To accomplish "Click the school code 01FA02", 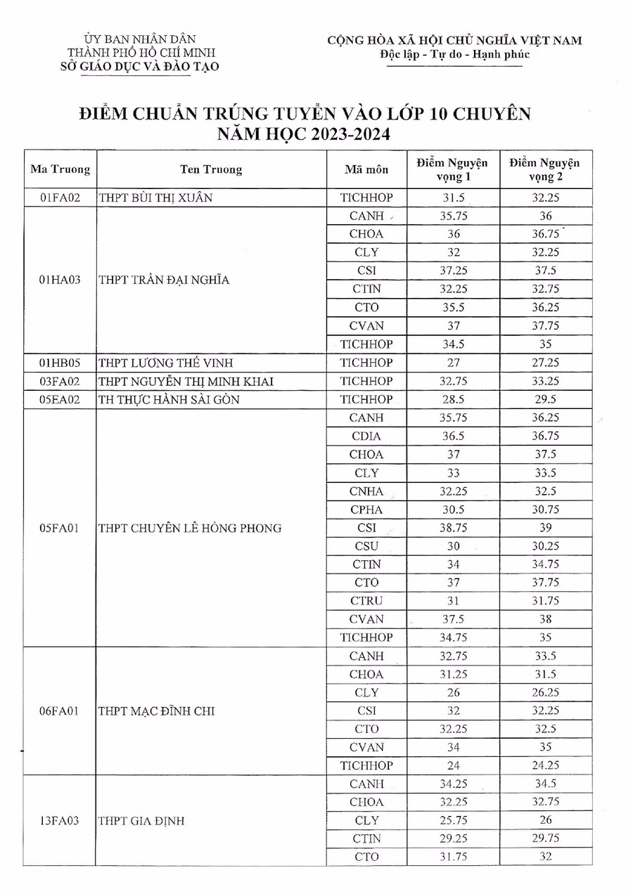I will point(60,198).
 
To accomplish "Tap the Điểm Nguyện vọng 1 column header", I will point(452,169).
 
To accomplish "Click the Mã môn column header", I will point(366,169).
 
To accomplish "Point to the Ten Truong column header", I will point(211,169).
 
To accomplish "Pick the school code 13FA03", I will point(60,820).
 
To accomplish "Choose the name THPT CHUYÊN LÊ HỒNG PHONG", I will point(190,528).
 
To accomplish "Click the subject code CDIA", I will point(366,436).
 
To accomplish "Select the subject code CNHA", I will point(366,491).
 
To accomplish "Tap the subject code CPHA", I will point(366,510).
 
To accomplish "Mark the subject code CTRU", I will point(366,601).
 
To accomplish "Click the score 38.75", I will point(453,528).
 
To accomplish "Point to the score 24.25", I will point(546,765).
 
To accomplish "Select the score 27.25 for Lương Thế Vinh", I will point(546,363).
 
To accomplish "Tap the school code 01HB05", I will point(60,363).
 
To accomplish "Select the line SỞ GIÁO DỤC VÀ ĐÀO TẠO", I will point(141,67).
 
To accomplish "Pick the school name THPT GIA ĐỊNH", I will point(142,820).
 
